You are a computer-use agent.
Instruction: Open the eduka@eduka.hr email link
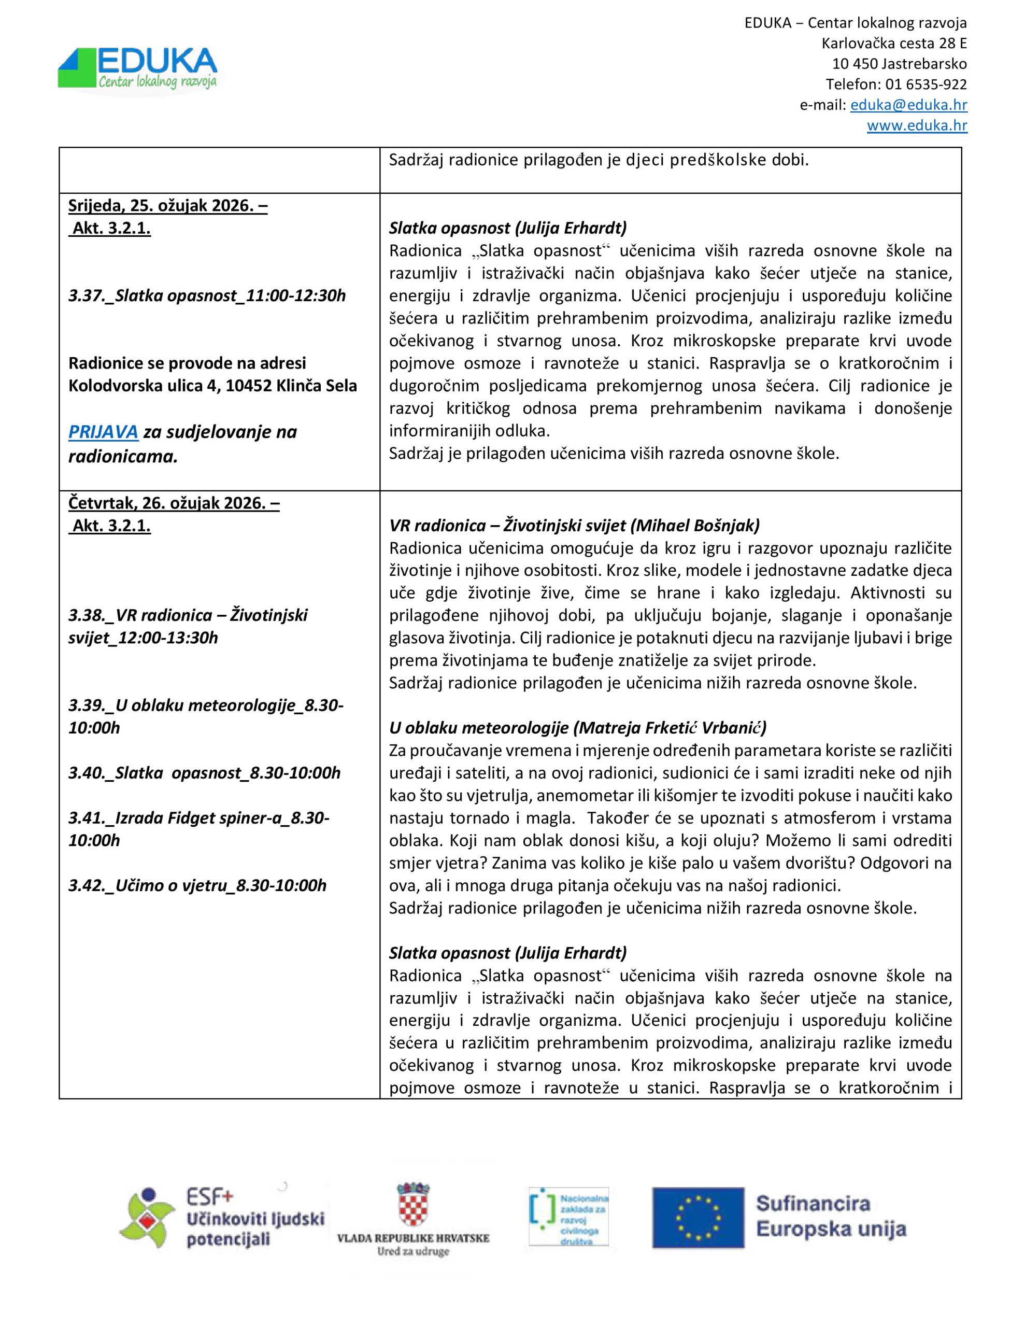tap(908, 105)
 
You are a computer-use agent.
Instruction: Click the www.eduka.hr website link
tap(917, 126)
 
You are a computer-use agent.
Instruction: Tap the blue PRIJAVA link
tap(103, 432)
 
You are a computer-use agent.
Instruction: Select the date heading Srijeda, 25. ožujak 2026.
tap(168, 206)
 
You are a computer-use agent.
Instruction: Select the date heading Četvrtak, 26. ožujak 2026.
tap(174, 503)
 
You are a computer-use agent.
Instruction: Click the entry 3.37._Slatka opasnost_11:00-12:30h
tap(207, 296)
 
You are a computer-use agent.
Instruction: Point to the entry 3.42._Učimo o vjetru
tap(197, 885)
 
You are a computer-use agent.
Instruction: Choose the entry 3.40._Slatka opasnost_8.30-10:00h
tap(204, 773)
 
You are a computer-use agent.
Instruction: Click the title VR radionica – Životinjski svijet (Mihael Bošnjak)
tap(574, 526)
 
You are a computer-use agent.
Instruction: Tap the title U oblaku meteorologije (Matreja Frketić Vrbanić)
tap(577, 727)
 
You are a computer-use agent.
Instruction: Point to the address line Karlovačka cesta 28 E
tap(894, 44)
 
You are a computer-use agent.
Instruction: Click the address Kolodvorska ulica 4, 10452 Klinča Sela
tap(212, 386)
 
